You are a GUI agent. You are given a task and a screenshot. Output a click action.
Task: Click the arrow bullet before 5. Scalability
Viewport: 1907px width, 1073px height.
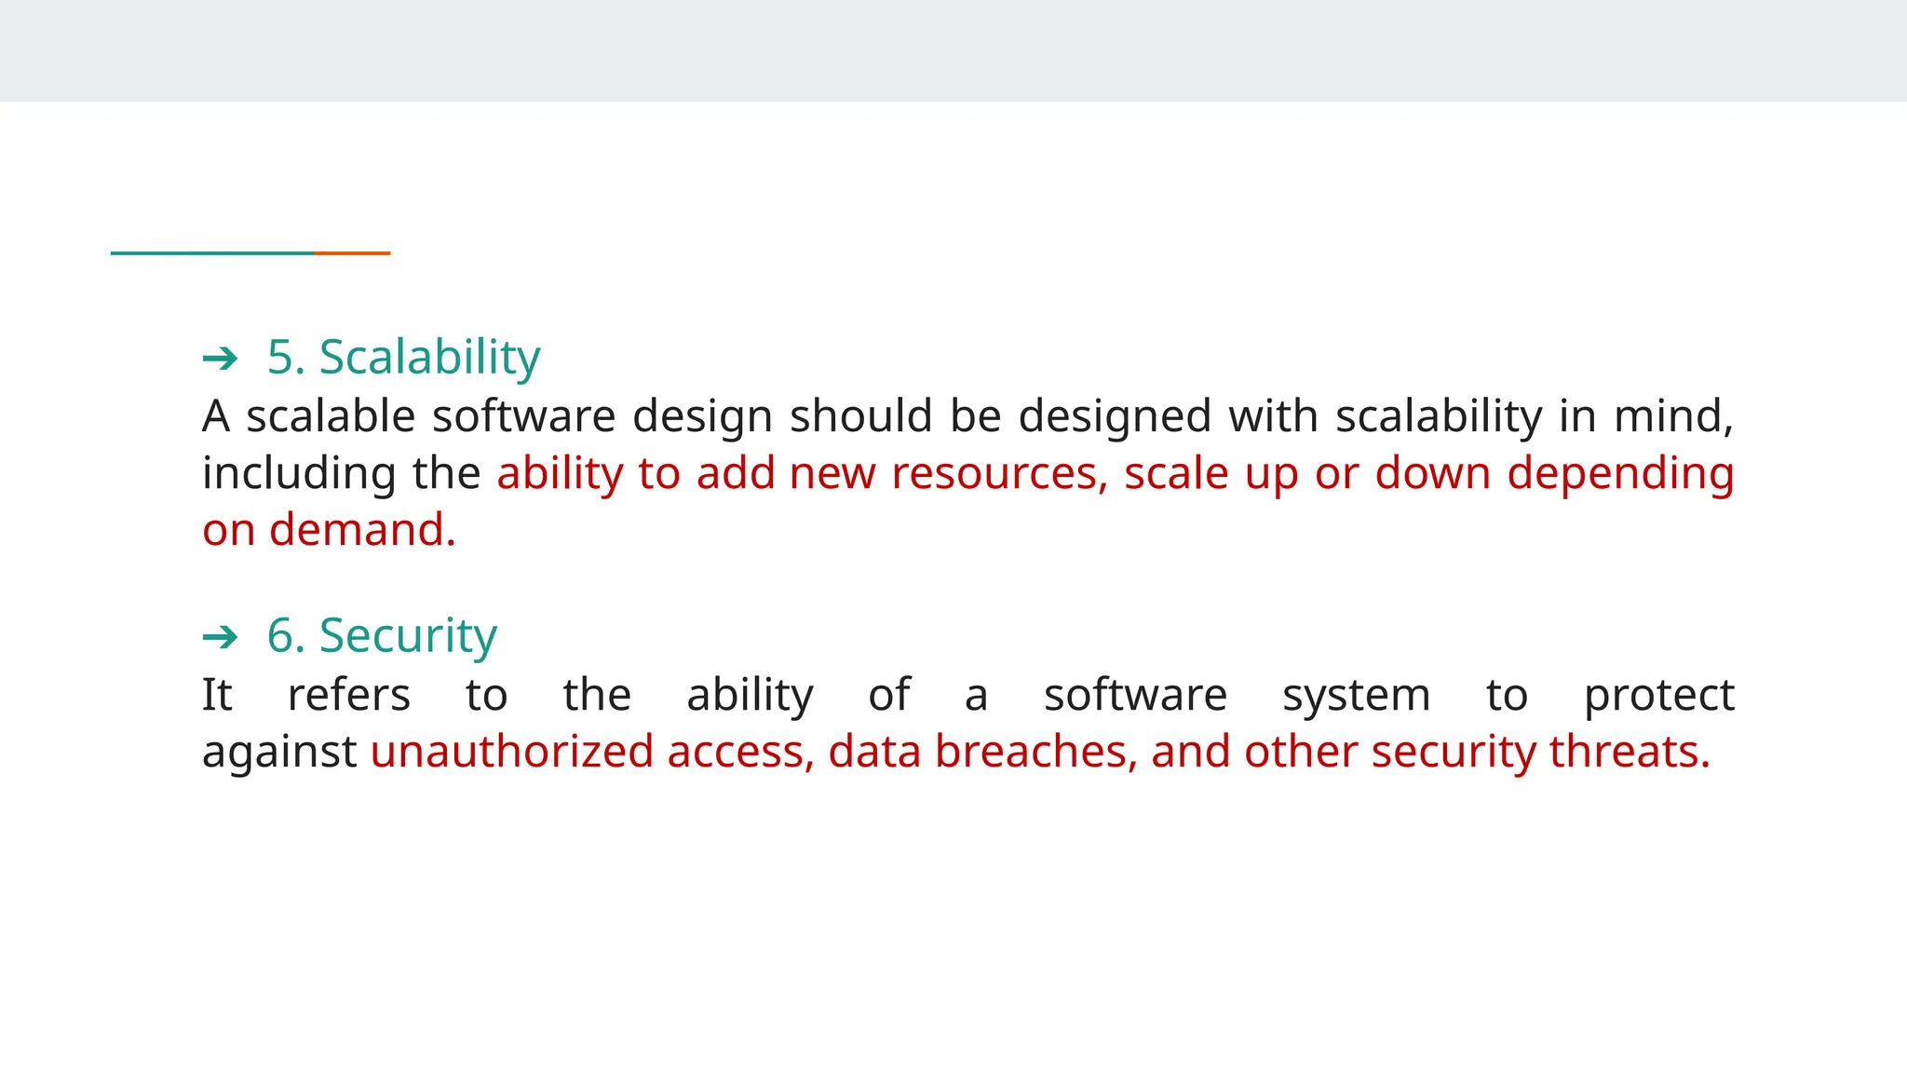point(221,359)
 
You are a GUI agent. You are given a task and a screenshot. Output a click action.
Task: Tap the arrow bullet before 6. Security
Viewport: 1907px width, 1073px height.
point(221,638)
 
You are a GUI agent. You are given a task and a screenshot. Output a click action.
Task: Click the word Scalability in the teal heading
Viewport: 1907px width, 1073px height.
point(429,358)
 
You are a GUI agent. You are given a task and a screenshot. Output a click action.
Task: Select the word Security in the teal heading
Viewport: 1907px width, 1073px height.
point(408,636)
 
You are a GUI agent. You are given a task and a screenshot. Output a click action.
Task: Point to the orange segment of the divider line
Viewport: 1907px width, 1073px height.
point(352,252)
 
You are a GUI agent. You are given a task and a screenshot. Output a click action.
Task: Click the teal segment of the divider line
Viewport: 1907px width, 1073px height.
point(212,252)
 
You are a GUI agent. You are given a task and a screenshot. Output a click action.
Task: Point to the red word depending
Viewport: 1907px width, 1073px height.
point(1620,474)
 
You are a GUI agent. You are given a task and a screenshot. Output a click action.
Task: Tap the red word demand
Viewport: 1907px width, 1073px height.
point(361,530)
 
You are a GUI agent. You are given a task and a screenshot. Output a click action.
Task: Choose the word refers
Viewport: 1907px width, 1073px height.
point(349,695)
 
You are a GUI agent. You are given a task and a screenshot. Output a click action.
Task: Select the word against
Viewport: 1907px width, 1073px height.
point(279,753)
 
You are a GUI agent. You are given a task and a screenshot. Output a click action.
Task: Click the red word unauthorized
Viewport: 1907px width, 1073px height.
point(511,752)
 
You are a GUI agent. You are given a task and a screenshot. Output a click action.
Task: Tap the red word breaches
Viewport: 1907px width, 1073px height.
point(1030,752)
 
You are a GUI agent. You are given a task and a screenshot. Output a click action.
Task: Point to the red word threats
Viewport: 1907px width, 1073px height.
point(1630,752)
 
